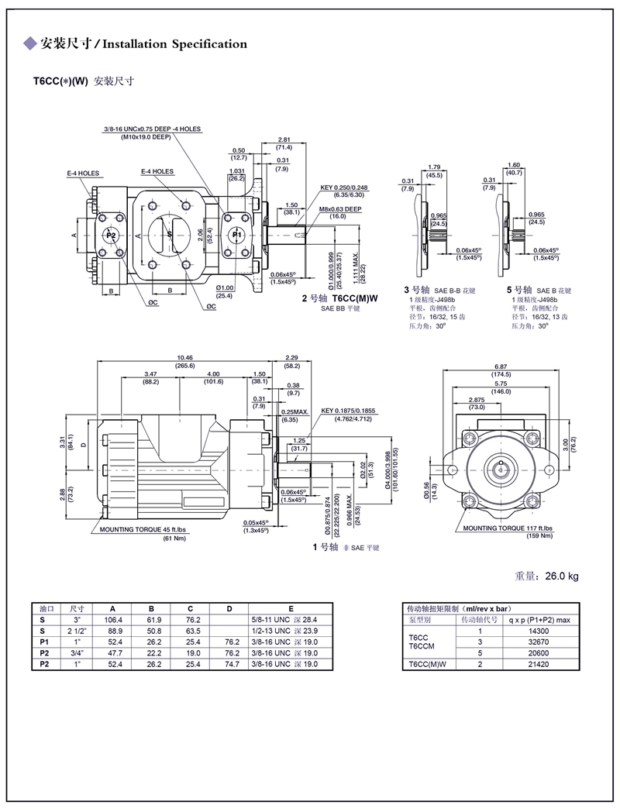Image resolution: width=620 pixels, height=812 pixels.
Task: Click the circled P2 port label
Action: click(x=111, y=235)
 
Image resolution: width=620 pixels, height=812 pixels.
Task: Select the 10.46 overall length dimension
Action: click(x=185, y=357)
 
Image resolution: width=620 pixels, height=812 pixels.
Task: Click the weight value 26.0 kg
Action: click(x=561, y=576)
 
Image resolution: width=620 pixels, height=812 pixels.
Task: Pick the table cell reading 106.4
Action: click(x=112, y=620)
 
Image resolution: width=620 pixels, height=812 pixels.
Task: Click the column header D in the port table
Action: click(x=229, y=609)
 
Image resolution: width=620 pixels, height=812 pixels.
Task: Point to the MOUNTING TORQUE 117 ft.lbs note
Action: click(x=508, y=528)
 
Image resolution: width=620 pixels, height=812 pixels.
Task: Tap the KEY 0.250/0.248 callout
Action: click(x=346, y=188)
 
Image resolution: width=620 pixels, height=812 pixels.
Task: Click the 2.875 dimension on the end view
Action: click(x=476, y=399)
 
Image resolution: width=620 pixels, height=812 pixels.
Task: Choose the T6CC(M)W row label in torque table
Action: click(x=426, y=664)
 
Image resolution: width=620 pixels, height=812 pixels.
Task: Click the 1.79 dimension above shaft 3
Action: click(x=434, y=167)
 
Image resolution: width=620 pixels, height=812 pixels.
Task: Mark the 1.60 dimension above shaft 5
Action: click(x=512, y=165)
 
